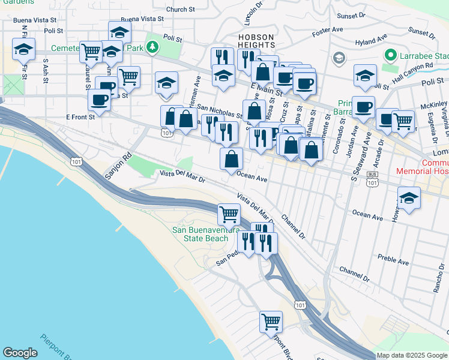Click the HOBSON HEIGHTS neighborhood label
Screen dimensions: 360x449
(x=256, y=41)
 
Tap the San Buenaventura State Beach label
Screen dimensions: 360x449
(x=200, y=234)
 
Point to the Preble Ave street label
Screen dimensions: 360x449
(x=393, y=259)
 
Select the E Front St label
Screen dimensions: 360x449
(x=80, y=118)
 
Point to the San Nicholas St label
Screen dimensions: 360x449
(x=219, y=111)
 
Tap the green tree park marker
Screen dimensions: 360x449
(x=154, y=47)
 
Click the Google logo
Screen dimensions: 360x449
(x=19, y=353)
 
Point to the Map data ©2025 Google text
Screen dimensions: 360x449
(x=411, y=355)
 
